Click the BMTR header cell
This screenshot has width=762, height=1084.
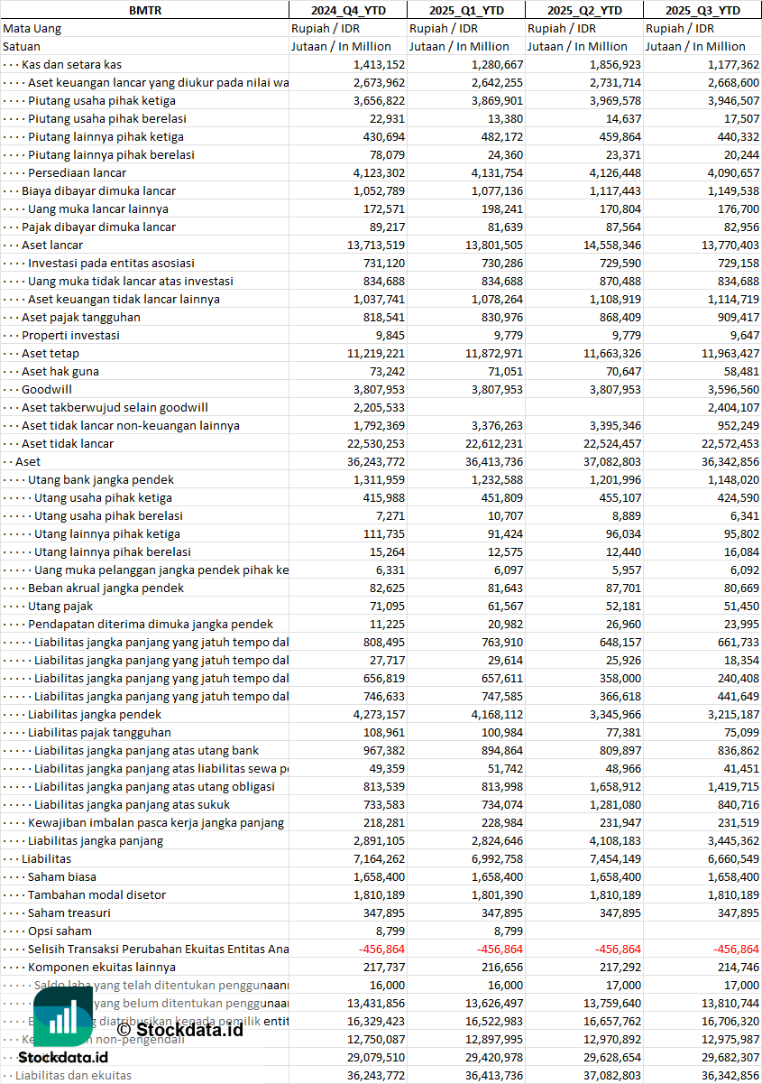[144, 10]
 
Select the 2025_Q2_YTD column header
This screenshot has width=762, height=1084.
[584, 10]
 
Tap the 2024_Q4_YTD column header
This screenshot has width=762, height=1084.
[347, 10]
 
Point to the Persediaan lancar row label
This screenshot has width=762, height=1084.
[77, 172]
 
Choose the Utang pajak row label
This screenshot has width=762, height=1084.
[60, 606]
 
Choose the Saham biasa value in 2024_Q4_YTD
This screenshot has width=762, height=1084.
[374, 876]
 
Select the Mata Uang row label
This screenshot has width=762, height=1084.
[32, 28]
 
